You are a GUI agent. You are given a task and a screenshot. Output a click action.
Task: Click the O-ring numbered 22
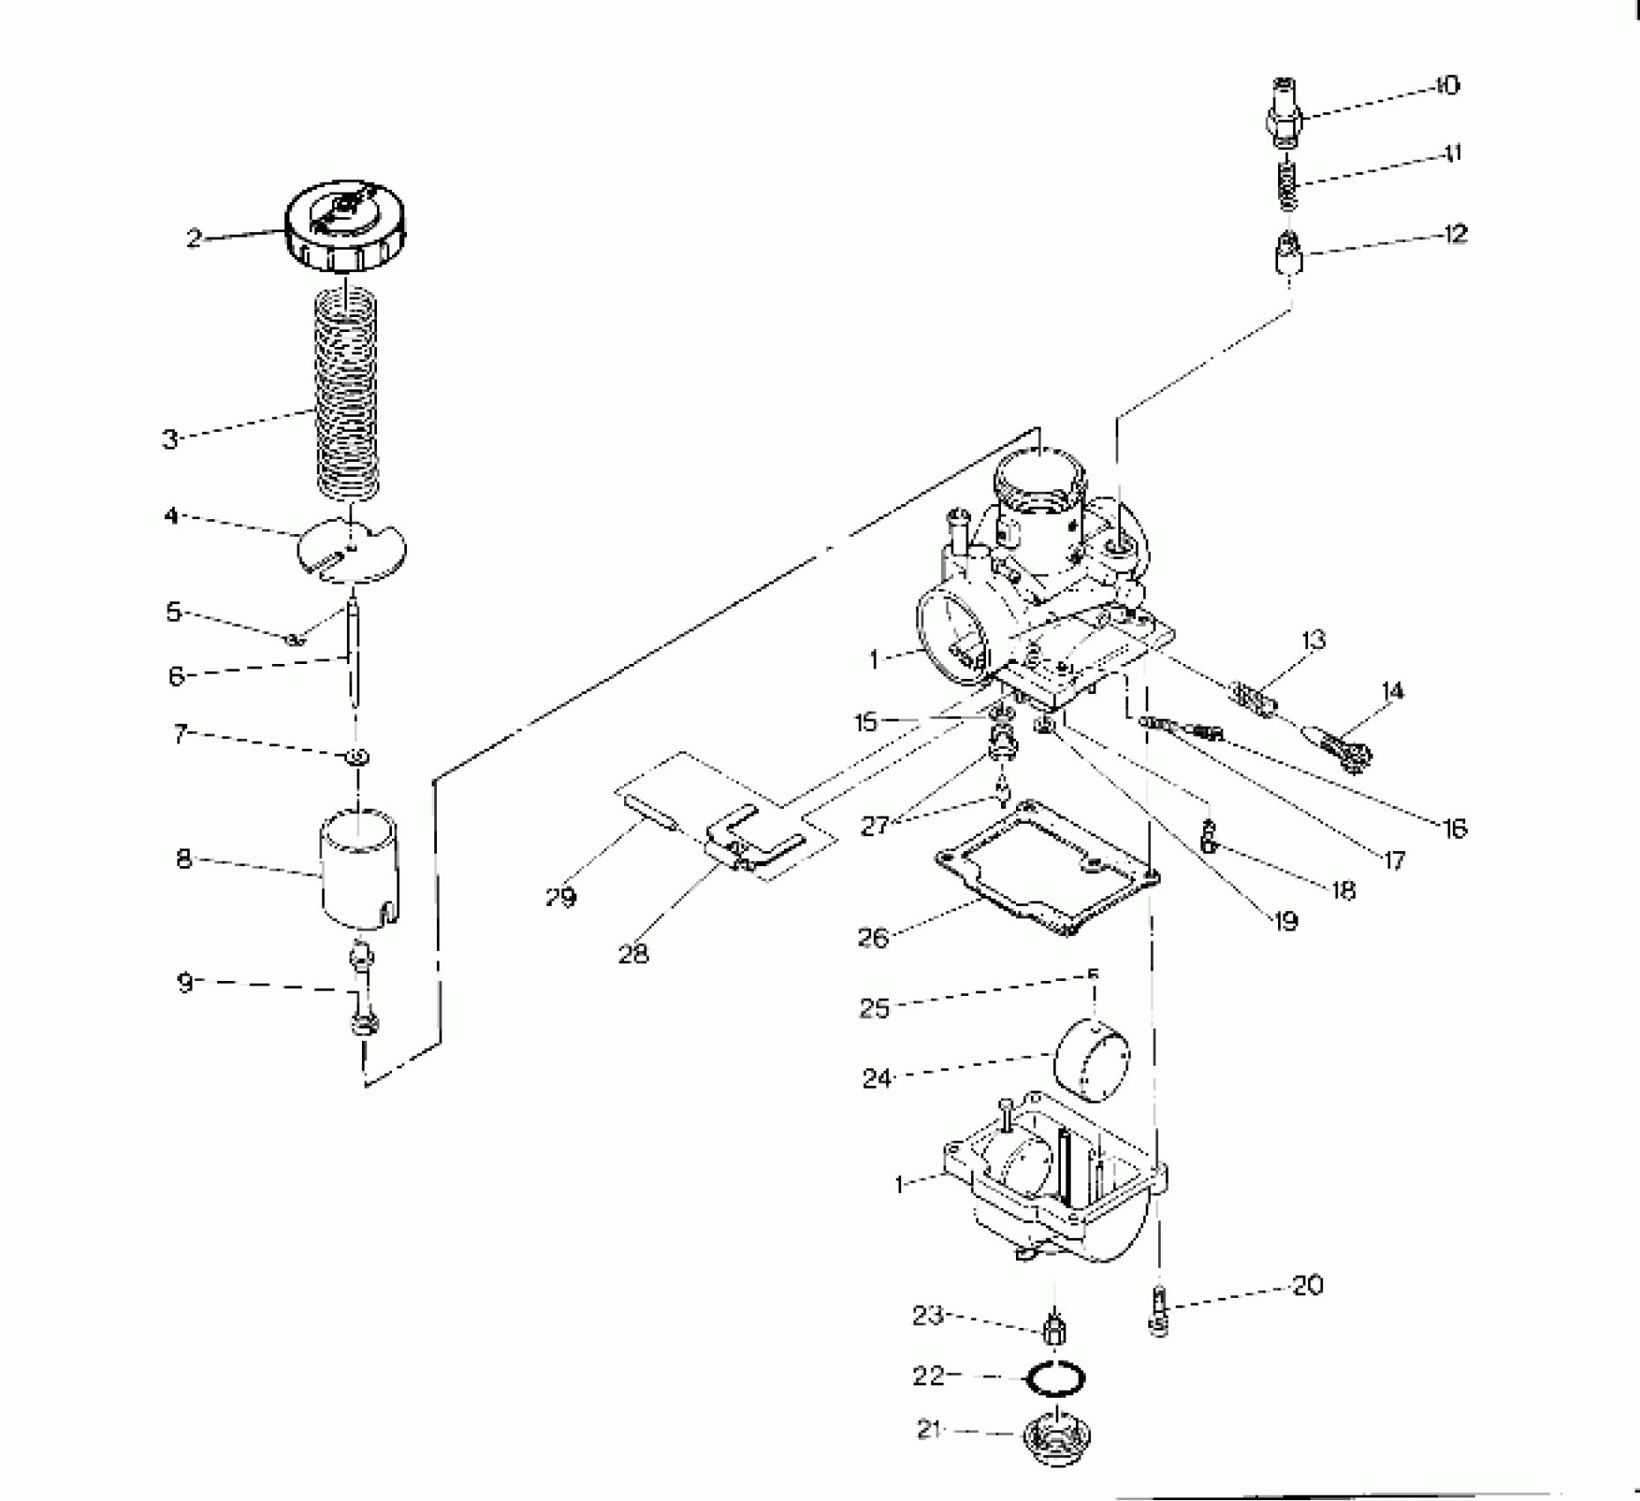[x=1055, y=1379]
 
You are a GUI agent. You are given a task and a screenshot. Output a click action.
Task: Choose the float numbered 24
[x=1093, y=1062]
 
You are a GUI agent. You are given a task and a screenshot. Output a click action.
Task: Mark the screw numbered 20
[x=1159, y=1312]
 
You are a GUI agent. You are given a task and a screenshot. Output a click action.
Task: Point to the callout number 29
[x=560, y=898]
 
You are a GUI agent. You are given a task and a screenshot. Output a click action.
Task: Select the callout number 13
[x=1313, y=639]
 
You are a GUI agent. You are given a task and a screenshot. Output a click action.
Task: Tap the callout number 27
[x=874, y=826]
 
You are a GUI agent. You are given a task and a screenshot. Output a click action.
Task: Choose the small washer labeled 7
[x=357, y=757]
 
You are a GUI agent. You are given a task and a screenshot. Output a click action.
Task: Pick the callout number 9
[x=184, y=982]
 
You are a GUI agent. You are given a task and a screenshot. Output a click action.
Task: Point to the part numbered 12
[x=1290, y=256]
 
